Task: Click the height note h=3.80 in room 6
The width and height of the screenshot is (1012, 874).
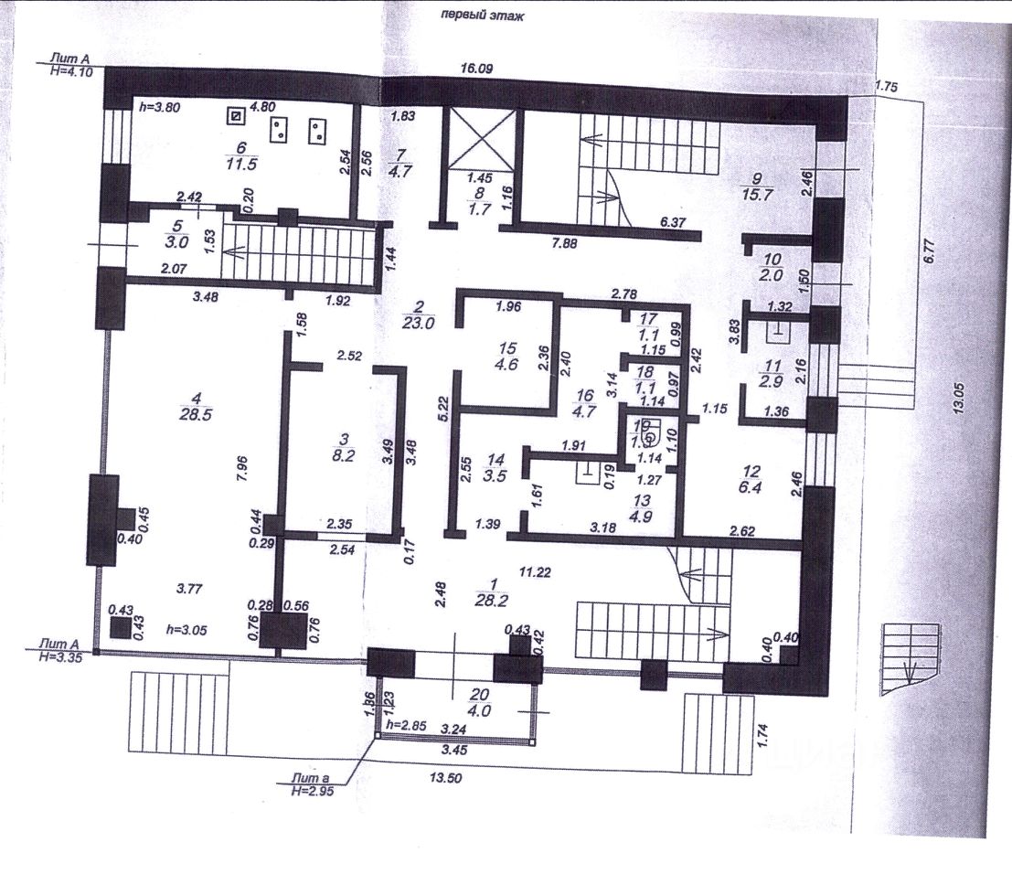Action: click(x=159, y=105)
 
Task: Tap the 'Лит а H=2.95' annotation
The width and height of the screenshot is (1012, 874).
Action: click(x=307, y=784)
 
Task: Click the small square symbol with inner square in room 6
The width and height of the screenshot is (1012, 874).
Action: click(x=237, y=116)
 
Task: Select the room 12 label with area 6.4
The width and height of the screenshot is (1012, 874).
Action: click(x=751, y=479)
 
